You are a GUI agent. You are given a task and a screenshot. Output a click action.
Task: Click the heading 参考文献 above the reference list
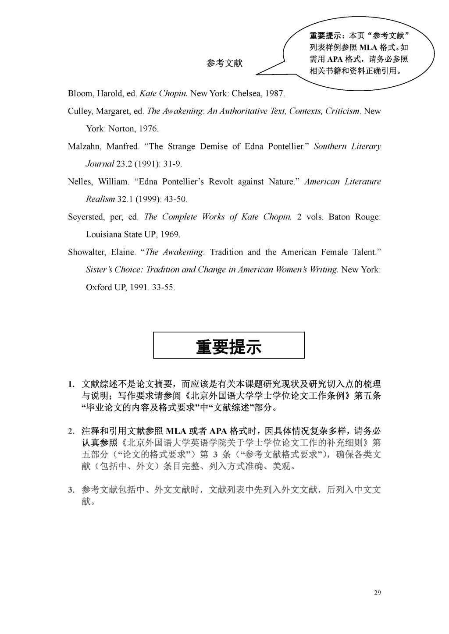pos(224,64)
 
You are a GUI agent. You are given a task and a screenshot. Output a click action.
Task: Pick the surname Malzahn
pos(83,146)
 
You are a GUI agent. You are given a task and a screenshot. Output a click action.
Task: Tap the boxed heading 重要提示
pos(228,346)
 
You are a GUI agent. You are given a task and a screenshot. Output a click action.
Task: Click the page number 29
pos(378,593)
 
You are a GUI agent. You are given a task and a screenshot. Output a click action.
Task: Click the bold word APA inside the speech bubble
pos(336,59)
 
